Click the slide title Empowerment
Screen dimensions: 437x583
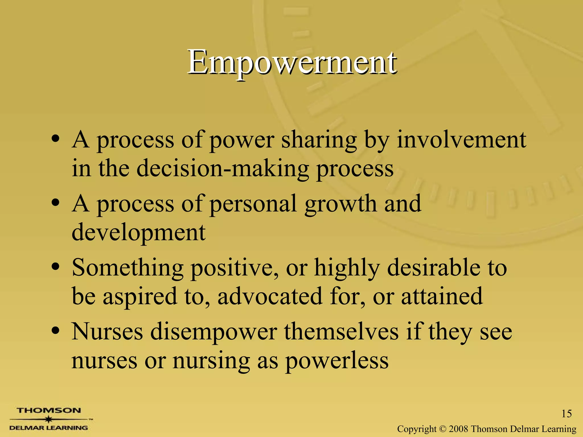click(x=291, y=62)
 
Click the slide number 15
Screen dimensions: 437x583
click(x=566, y=413)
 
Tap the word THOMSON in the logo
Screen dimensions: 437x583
click(x=49, y=410)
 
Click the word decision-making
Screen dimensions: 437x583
click(x=223, y=168)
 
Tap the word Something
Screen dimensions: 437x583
click(x=128, y=268)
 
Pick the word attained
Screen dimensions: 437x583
click(x=442, y=296)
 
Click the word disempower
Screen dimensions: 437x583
click(x=214, y=332)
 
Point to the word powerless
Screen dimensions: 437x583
click(x=337, y=361)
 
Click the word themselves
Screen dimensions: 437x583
click(x=341, y=332)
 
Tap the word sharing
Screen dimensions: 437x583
click(x=319, y=141)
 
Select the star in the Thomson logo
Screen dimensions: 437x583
click(x=49, y=419)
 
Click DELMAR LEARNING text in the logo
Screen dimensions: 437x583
click(x=49, y=428)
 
